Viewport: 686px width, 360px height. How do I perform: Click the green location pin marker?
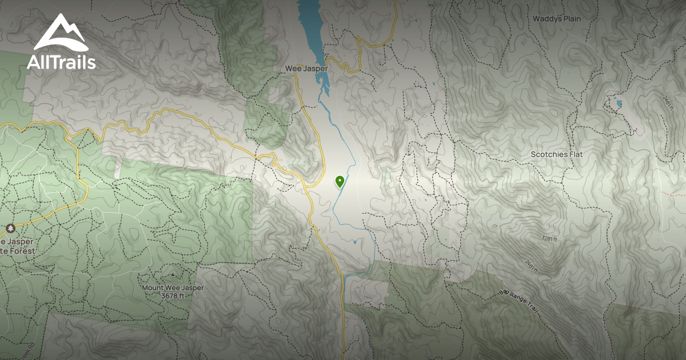tap(340, 182)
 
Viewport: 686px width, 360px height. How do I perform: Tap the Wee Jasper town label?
tap(306, 69)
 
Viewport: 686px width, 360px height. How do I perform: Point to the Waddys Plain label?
tap(556, 19)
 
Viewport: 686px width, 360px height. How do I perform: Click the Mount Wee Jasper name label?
tap(173, 288)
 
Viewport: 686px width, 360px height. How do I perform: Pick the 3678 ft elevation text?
tap(173, 296)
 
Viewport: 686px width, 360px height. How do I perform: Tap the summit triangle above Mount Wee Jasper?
tap(173, 275)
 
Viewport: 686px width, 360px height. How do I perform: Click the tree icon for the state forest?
tap(10, 229)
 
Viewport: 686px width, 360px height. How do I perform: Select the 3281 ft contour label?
tap(547, 239)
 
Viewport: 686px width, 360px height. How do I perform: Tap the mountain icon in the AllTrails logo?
tap(60, 33)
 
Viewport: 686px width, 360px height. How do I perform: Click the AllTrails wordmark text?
tap(61, 62)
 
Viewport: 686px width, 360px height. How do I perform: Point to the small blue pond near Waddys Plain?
tap(618, 104)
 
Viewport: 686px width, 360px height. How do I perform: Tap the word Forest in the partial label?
tap(25, 251)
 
